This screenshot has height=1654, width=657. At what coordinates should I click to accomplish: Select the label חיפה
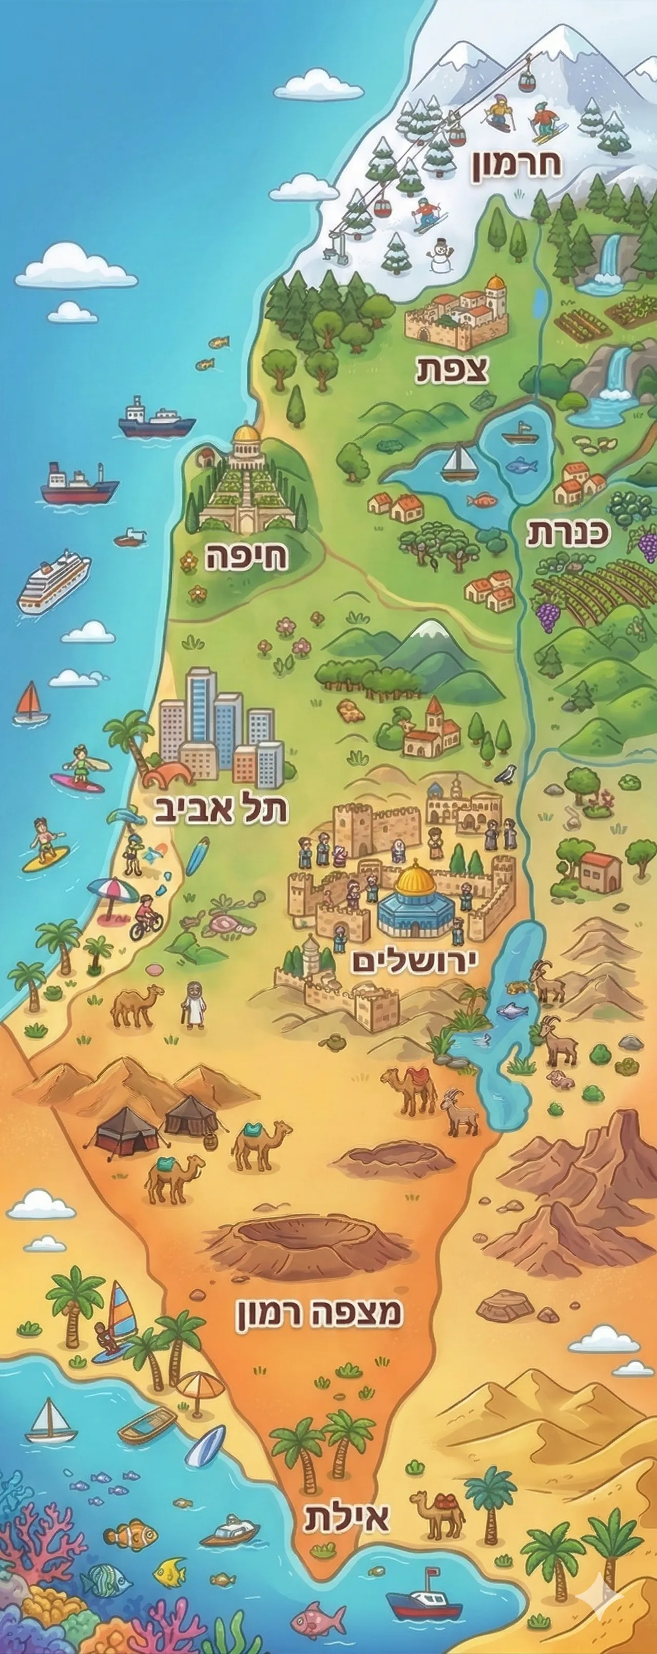coord(246,557)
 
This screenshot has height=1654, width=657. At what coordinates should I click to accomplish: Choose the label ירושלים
coord(415,961)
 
